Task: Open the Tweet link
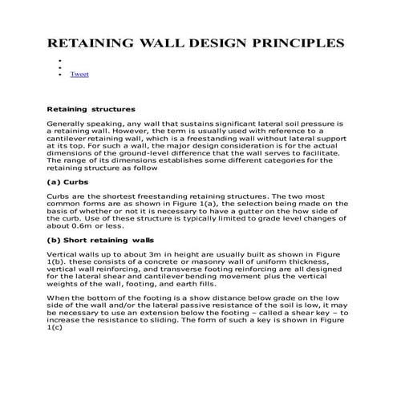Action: pyautogui.click(x=79, y=75)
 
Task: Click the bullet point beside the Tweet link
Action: pyautogui.click(x=60, y=75)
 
